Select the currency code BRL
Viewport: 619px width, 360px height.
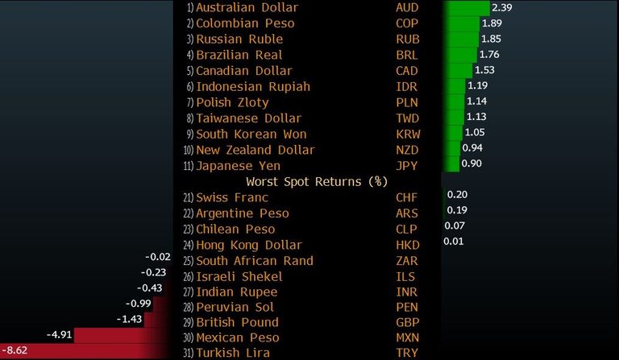point(407,55)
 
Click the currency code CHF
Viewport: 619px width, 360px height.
point(407,197)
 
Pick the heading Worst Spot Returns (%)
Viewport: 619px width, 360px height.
point(316,181)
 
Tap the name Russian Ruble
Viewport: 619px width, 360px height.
point(239,39)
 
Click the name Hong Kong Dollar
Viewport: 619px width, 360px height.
point(249,245)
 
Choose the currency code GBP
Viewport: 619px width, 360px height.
point(407,322)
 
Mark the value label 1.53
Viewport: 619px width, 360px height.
point(484,70)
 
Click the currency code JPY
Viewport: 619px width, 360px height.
point(407,165)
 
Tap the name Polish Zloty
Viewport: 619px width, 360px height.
point(233,102)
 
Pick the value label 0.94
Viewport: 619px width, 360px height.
point(472,149)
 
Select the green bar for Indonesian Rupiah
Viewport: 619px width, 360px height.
point(454,86)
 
